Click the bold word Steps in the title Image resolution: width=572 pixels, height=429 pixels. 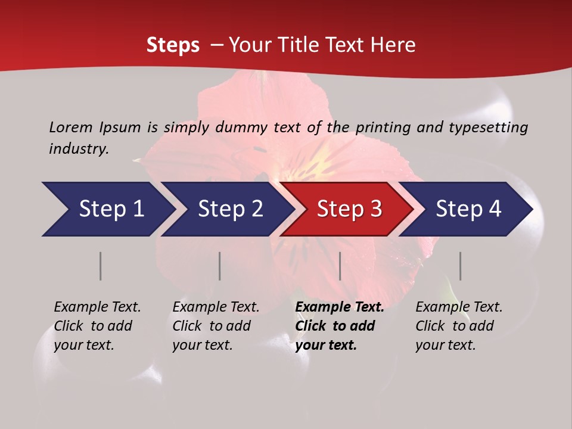[x=173, y=45]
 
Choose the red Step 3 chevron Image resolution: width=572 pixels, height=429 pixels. [x=349, y=209]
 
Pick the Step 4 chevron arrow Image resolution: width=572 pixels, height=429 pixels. [x=468, y=209]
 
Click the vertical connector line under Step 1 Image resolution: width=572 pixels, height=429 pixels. [x=101, y=266]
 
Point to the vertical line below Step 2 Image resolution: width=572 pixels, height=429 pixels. [x=220, y=266]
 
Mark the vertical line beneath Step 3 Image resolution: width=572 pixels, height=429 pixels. [x=340, y=266]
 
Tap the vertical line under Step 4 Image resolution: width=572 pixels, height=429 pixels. [x=461, y=266]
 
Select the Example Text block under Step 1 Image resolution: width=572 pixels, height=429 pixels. [x=98, y=326]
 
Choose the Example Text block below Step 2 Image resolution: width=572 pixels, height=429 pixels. [x=216, y=326]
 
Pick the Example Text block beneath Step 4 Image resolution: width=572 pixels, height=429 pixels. [x=459, y=326]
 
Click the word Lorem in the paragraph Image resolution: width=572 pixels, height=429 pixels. [x=71, y=127]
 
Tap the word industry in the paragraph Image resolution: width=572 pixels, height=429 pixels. [x=79, y=149]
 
